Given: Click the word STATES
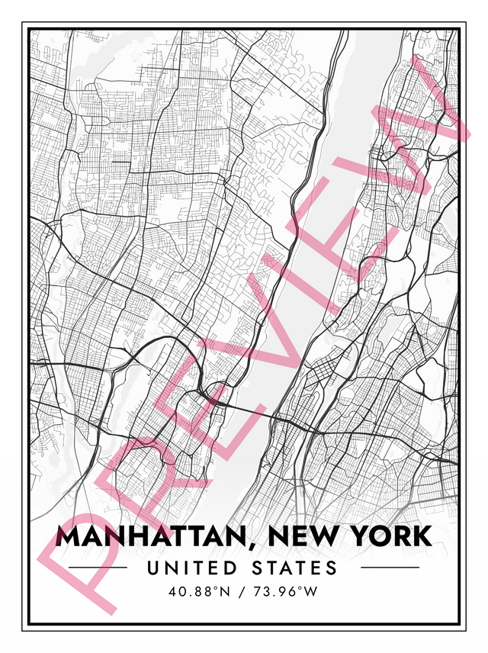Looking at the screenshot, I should point(294,568).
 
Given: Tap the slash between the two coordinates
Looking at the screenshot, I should point(243,590).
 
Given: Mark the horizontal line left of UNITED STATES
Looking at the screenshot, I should point(98,568).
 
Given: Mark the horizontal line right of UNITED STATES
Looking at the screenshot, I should point(390,568).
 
